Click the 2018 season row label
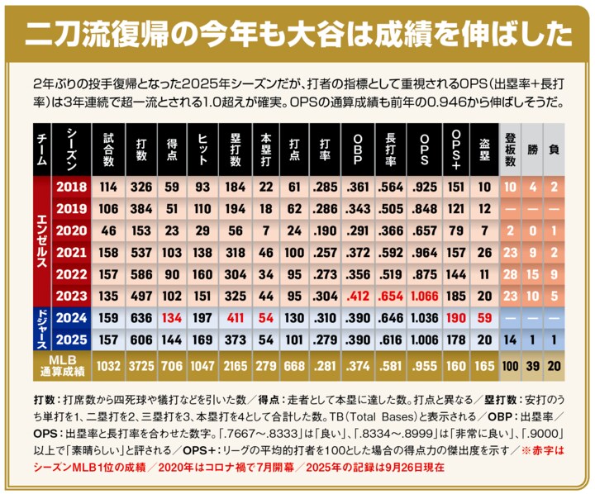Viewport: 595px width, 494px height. (x=71, y=187)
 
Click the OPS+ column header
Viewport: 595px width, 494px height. (x=456, y=149)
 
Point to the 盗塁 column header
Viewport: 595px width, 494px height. (x=484, y=149)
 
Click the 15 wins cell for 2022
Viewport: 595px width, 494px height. (x=533, y=273)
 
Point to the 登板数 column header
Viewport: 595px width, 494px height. (x=510, y=149)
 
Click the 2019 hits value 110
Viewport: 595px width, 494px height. (x=202, y=208)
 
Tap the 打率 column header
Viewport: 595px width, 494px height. (x=329, y=149)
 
